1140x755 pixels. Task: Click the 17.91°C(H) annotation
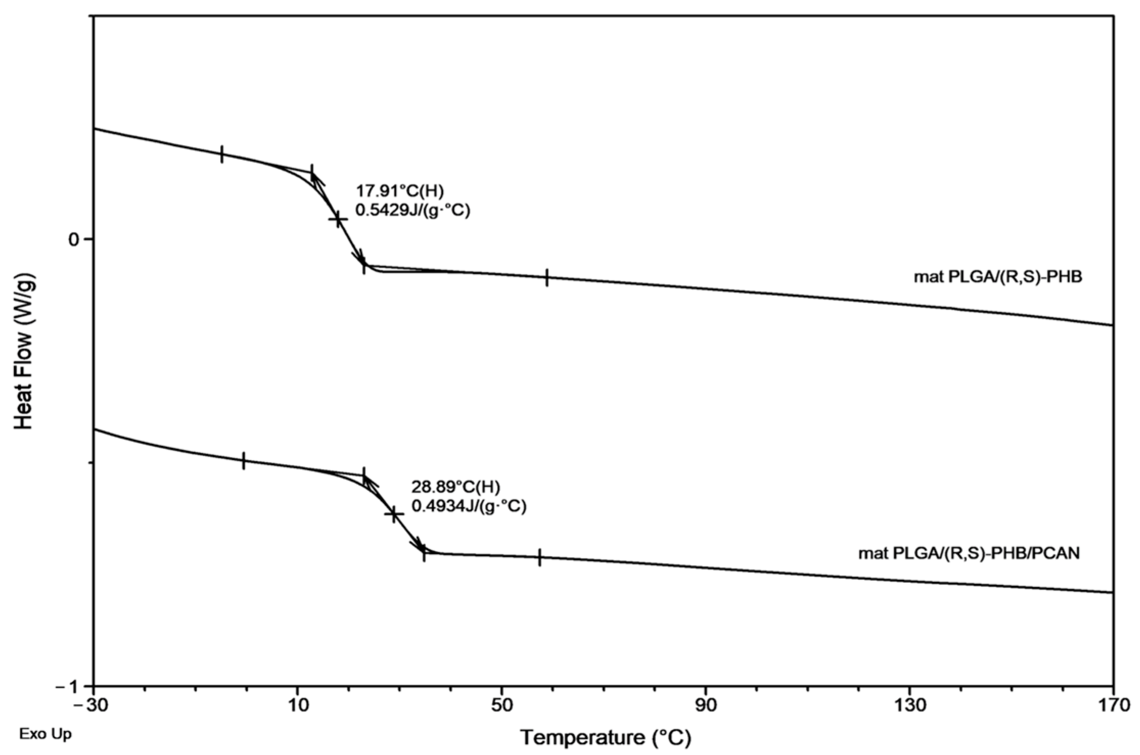(x=400, y=191)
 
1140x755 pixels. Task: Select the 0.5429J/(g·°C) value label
(x=412, y=210)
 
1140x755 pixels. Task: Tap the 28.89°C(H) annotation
(x=456, y=486)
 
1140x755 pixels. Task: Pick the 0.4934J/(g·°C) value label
(x=469, y=506)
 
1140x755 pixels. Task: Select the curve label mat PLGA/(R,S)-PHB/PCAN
(x=969, y=553)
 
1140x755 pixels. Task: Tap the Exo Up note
(x=45, y=735)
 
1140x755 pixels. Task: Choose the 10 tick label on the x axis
(x=297, y=705)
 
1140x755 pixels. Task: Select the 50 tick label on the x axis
(x=502, y=705)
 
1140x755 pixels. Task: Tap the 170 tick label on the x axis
(x=1113, y=705)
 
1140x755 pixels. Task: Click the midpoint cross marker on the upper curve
(x=338, y=219)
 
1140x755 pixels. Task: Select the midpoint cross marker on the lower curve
(x=393, y=514)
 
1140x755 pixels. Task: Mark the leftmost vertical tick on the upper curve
(x=222, y=154)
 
